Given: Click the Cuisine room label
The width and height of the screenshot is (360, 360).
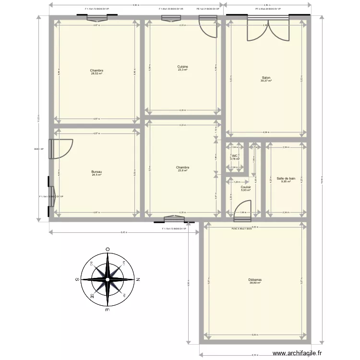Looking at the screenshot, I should [x=182, y=66].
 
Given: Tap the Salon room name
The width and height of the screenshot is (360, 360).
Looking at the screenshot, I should [x=266, y=78].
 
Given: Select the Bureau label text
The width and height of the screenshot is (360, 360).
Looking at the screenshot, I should [x=97, y=172].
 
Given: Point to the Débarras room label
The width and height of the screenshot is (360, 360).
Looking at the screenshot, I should [x=255, y=279].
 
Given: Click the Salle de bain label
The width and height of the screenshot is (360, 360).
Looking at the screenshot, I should [x=286, y=165].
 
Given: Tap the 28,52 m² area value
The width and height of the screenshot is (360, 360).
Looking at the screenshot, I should [x=97, y=74].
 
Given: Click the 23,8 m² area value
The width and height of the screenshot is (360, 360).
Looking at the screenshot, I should [x=182, y=170].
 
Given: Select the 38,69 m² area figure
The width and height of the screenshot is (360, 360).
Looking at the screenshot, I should [x=255, y=283].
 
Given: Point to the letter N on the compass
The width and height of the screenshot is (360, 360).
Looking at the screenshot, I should [x=138, y=279].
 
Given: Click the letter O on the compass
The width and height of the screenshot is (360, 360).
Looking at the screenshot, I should [x=108, y=249].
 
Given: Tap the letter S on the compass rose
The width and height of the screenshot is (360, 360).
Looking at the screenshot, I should [x=77, y=279].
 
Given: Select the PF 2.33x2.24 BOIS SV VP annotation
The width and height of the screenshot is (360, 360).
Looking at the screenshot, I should [x=268, y=9].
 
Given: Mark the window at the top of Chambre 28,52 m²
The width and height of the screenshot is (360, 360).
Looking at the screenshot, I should [x=97, y=19].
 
